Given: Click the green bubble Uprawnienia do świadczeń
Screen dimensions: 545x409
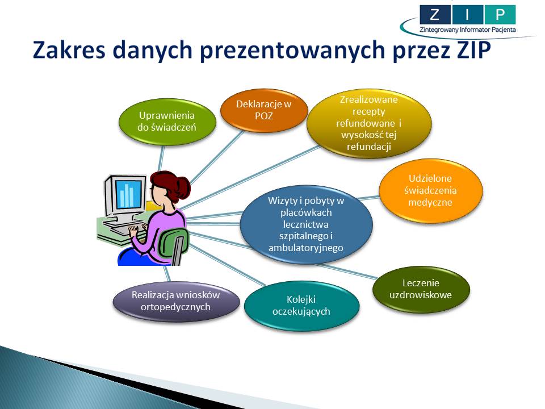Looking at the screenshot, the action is pyautogui.click(x=167, y=122).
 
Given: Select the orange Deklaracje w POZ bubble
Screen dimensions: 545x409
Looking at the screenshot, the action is pyautogui.click(x=264, y=110).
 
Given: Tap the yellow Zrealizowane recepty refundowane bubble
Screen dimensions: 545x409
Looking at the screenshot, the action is pyautogui.click(x=369, y=123).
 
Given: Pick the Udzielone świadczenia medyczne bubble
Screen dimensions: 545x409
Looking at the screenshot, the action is pyautogui.click(x=431, y=190).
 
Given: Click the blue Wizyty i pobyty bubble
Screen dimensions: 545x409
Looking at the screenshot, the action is pyautogui.click(x=306, y=224).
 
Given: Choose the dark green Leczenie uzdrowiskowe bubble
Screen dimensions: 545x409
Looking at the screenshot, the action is pyautogui.click(x=421, y=289).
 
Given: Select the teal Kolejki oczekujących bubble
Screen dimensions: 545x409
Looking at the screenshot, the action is pyautogui.click(x=301, y=306).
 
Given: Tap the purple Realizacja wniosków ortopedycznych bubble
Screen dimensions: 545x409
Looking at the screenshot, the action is pyautogui.click(x=176, y=301).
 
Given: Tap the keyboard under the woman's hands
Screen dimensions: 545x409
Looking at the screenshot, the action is pyautogui.click(x=121, y=229).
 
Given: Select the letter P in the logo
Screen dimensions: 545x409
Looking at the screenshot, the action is pyautogui.click(x=500, y=15).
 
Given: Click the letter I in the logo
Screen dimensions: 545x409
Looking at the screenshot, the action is pyautogui.click(x=467, y=15).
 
